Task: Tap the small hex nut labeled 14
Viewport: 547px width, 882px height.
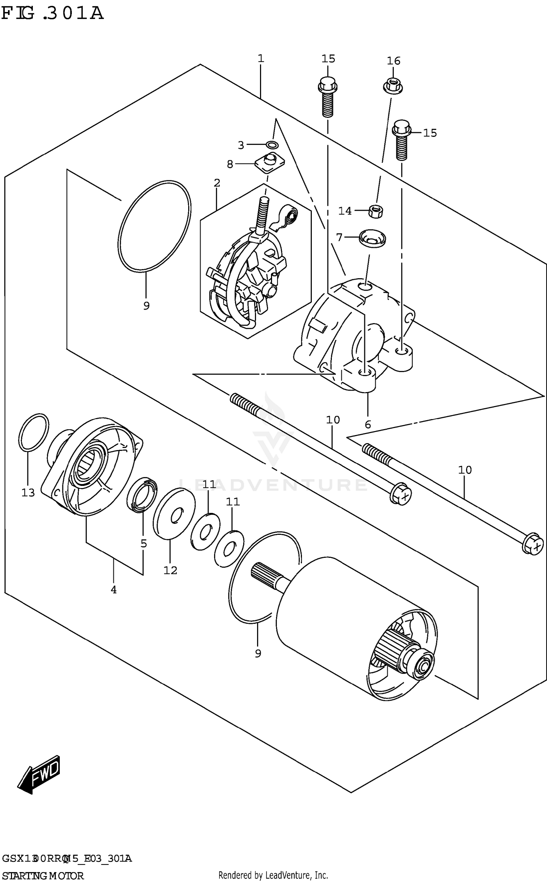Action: click(x=376, y=211)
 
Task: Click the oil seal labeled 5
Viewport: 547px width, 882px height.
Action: click(x=142, y=494)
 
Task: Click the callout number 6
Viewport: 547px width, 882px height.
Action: click(x=368, y=424)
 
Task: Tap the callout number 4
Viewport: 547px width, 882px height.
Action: click(x=113, y=590)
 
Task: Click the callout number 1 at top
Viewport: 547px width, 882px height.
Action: click(x=261, y=58)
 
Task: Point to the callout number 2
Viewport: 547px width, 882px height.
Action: click(x=217, y=183)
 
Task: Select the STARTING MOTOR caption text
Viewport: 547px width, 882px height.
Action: click(x=43, y=875)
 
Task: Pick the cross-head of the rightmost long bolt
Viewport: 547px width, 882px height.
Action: click(x=536, y=547)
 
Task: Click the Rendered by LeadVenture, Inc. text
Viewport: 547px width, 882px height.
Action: click(x=273, y=875)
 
